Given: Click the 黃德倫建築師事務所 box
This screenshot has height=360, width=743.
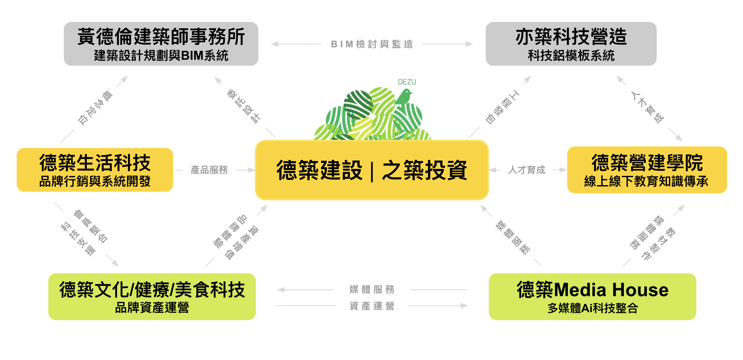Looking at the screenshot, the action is click(161, 44).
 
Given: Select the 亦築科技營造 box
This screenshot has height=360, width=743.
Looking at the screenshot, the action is click(571, 44).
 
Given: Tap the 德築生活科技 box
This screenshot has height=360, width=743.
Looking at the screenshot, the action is click(95, 170).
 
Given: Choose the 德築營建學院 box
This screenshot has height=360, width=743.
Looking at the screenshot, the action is click(647, 170).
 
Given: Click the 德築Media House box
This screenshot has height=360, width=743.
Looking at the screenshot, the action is click(592, 297).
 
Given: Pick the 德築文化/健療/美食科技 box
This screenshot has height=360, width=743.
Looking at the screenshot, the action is click(152, 297).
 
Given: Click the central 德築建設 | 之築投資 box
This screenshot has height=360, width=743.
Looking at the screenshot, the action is click(372, 170).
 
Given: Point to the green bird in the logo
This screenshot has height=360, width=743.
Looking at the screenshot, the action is click(403, 97).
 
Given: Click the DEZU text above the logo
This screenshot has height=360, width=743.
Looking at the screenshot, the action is click(407, 82).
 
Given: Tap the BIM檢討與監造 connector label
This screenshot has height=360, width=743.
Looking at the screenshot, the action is click(372, 44).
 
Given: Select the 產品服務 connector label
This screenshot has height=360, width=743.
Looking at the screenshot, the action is click(209, 170).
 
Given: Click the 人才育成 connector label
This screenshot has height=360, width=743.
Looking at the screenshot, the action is click(527, 170).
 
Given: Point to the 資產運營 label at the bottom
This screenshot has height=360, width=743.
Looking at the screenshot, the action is click(372, 306).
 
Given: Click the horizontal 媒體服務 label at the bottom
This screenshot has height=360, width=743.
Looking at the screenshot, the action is click(372, 289).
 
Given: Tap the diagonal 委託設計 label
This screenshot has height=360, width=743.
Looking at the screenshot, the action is click(243, 106).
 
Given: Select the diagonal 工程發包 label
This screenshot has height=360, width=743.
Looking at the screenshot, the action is click(502, 107).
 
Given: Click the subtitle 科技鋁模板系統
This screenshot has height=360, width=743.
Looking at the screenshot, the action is click(571, 56).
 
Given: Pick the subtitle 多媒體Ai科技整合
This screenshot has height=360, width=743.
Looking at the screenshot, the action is click(593, 308).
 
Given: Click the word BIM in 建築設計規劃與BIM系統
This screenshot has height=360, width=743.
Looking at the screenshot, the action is click(192, 56).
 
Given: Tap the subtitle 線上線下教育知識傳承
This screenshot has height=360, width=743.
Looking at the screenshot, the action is click(646, 181).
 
